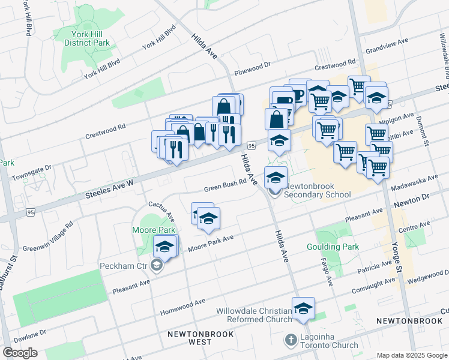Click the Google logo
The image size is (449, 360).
(20, 353)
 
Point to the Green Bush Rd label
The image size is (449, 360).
(225, 185)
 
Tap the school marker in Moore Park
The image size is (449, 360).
(164, 246)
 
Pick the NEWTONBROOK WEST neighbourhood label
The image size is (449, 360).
(190, 337)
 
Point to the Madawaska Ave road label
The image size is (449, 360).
(412, 184)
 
